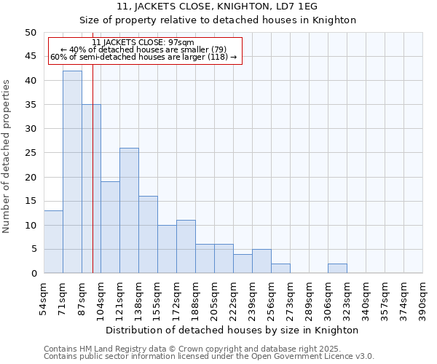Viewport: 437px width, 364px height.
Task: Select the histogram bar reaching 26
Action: click(129, 210)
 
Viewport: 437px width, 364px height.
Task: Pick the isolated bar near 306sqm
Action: click(337, 269)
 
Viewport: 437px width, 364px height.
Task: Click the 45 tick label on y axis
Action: click(30, 57)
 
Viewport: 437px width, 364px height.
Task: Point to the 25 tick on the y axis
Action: click(30, 153)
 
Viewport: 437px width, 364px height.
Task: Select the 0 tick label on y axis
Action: click(33, 274)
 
